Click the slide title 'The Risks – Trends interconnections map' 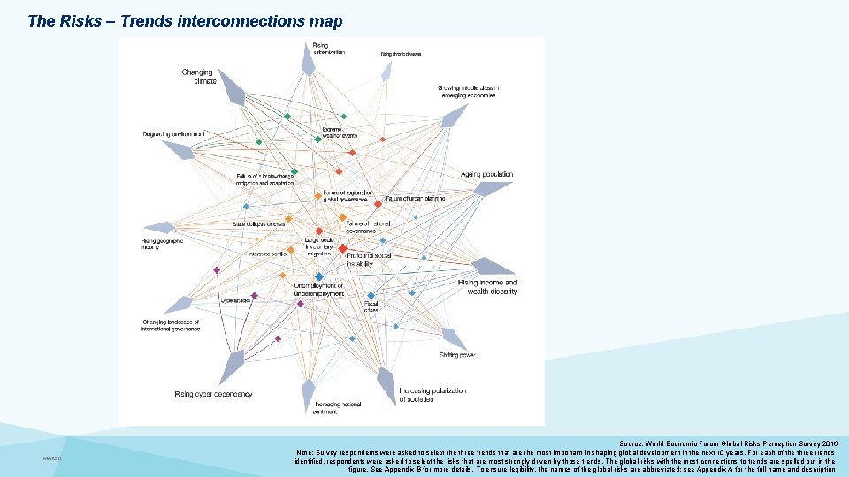tap(185, 20)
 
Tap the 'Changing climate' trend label tap(200, 77)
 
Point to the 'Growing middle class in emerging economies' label tap(469, 92)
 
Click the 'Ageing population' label tap(486, 175)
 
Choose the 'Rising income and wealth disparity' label tap(487, 286)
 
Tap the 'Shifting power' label tap(457, 355)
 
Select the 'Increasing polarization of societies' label tap(432, 395)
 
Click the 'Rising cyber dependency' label tap(213, 394)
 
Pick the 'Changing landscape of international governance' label tap(170, 326)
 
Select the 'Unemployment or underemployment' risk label tap(318, 290)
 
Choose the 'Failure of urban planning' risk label tap(415, 200)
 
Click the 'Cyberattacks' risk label tap(235, 301)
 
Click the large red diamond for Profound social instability tap(342, 249)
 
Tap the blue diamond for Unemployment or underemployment tap(319, 277)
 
